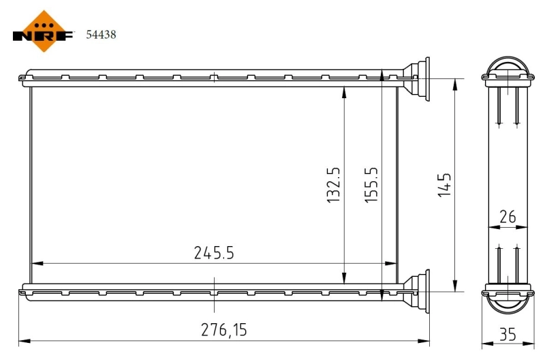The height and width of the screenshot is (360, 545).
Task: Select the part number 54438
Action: tap(100, 34)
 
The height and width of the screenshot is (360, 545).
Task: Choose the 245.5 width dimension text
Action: tap(214, 254)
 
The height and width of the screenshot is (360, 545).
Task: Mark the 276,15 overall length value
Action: tap(223, 331)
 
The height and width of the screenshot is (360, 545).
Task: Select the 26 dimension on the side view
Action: tap(507, 217)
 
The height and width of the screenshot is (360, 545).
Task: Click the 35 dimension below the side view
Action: tap(507, 334)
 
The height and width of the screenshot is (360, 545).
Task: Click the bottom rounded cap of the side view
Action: tap(507, 302)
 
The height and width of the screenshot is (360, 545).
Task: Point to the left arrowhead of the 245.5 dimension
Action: tap(35, 262)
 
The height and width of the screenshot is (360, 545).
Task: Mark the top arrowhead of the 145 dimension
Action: tap(454, 82)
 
